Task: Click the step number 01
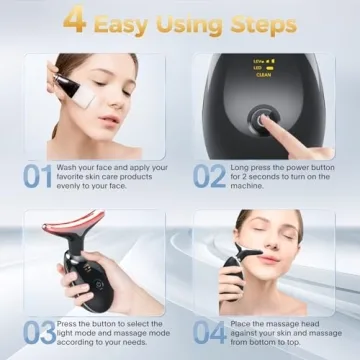click(37, 177)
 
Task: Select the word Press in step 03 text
click(71, 322)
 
